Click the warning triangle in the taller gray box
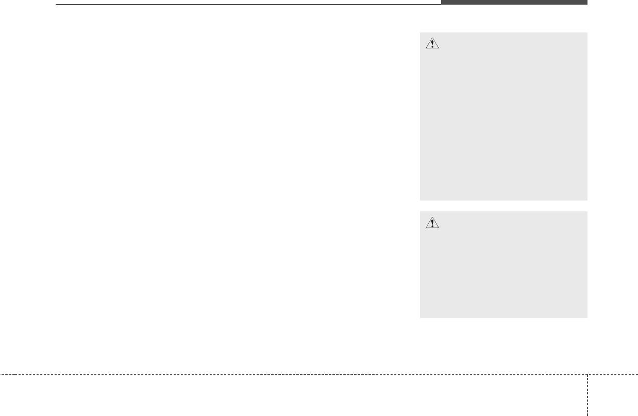tap(432, 44)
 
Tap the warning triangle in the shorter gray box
tap(432, 223)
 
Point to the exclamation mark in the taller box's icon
tap(432, 45)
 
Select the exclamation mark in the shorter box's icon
tap(432, 223)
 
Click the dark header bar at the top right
tap(514, 3)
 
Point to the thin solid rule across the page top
tap(247, 5)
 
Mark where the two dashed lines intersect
tap(587, 374)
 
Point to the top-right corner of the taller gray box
tap(586, 34)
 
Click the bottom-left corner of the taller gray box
tap(421, 199)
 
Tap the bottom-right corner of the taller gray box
tap(586, 199)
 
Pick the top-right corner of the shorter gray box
tap(586, 212)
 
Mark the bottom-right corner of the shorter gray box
tap(586, 317)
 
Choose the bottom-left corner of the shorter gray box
tap(421, 317)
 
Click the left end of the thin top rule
tap(56, 5)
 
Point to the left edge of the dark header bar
tap(442, 3)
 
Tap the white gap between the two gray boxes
tap(503, 206)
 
